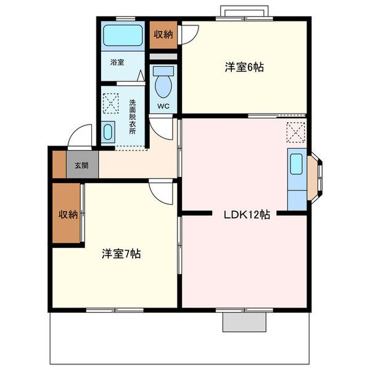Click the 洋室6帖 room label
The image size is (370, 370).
point(244,67)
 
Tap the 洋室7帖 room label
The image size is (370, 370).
point(121,254)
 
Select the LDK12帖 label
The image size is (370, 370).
point(247,215)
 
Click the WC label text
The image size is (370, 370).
point(163,106)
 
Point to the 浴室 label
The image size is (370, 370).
point(117,62)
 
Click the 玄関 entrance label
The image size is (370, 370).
point(81,165)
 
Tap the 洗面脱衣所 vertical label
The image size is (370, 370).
point(133,117)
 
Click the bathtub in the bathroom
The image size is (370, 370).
point(123,35)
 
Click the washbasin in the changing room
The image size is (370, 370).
point(108,132)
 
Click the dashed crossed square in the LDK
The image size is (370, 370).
point(295,133)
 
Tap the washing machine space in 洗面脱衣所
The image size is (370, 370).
point(111,104)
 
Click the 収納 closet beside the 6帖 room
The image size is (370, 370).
point(163,35)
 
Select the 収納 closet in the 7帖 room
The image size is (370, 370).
point(67,213)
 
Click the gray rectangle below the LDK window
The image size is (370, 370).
point(244,322)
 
